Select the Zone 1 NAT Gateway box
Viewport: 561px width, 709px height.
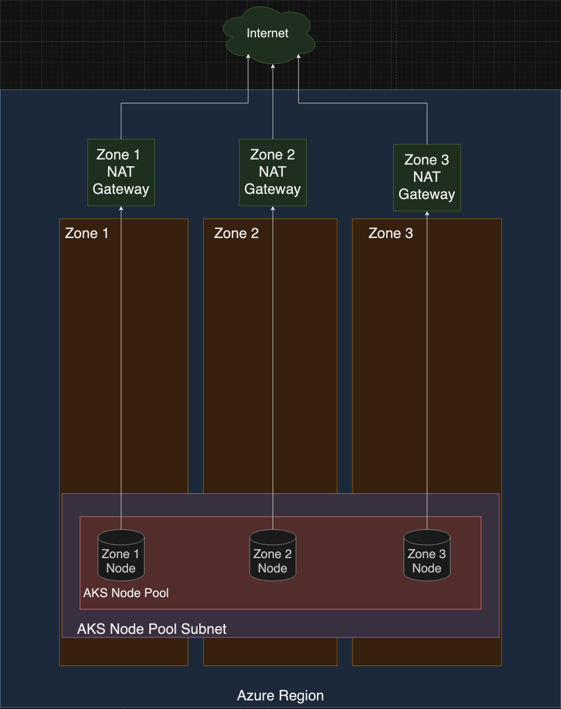[x=121, y=172]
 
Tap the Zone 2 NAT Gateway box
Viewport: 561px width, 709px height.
[x=272, y=172]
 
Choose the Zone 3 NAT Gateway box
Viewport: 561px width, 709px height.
[x=427, y=177]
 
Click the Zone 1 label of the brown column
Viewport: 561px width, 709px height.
[x=87, y=233]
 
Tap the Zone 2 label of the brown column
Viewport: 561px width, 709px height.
[x=236, y=233]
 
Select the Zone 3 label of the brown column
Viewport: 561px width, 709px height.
[x=390, y=233]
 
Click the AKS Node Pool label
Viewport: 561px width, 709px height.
[x=126, y=593]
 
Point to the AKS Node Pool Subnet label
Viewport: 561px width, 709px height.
[x=152, y=629]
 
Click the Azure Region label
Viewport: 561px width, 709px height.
[x=280, y=696]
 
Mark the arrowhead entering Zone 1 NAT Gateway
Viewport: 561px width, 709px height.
[x=121, y=209]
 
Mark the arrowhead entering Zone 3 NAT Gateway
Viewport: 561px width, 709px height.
[x=427, y=215]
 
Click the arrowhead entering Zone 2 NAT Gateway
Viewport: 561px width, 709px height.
[x=273, y=209]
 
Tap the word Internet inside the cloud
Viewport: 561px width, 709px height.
[x=267, y=33]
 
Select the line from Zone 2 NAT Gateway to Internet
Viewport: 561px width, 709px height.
[x=273, y=103]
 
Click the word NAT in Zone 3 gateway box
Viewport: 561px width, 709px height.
[x=427, y=177]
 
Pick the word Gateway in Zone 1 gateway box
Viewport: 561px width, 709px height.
[x=121, y=189]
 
